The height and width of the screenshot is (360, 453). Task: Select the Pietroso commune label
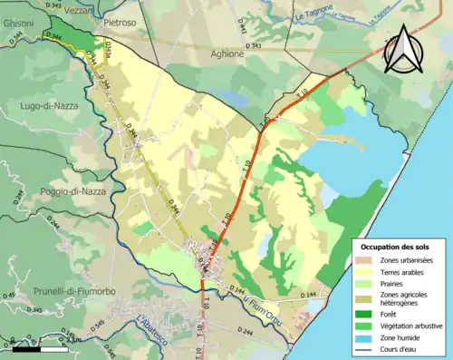tap(119, 20)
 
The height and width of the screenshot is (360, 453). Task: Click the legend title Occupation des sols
tap(396, 247)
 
